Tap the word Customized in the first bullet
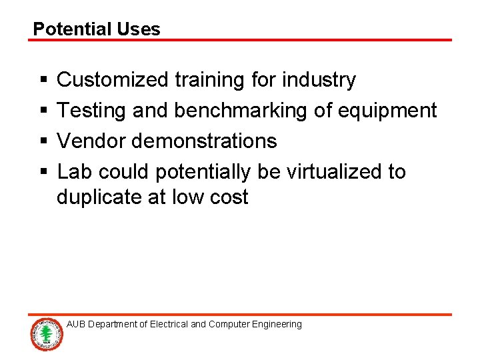pos(113,80)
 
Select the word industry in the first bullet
pos(319,80)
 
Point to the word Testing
pos(92,111)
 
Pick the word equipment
pos(387,111)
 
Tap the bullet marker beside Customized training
pos(43,81)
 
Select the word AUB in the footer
pos(76,325)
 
